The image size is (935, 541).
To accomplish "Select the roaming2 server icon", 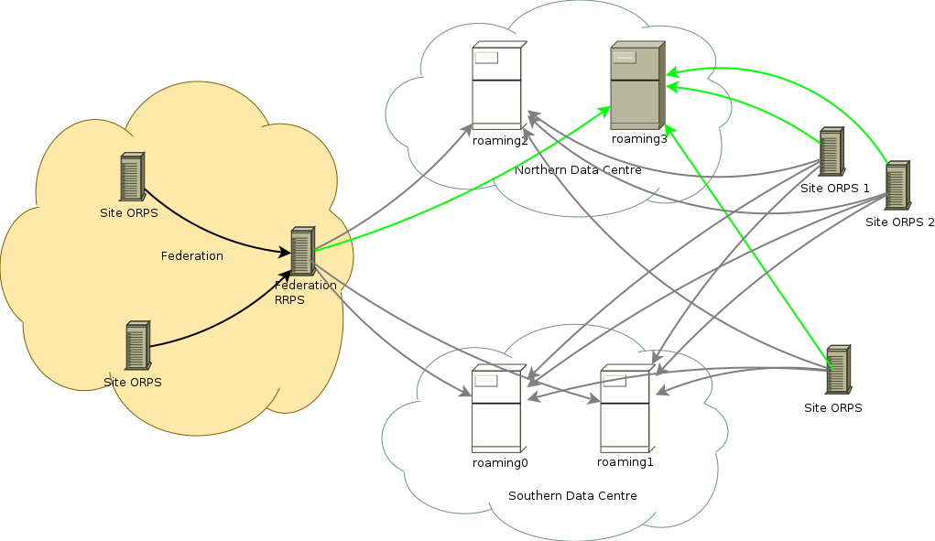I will tap(497, 86).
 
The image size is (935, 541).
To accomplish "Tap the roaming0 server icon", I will tap(496, 409).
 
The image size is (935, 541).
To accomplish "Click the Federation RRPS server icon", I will tap(302, 252).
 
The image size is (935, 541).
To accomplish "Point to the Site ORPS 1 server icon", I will tap(831, 153).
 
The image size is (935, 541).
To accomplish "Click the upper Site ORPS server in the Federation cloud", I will tap(132, 178).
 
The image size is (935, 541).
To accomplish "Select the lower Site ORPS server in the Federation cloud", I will tap(138, 345).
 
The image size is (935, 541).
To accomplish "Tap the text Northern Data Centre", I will tap(578, 170).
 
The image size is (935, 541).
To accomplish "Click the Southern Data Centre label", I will tap(572, 496).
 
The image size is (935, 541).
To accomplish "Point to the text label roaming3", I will tap(639, 139).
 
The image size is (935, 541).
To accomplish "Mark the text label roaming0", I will tap(500, 463).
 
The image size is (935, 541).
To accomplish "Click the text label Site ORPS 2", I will tap(899, 222).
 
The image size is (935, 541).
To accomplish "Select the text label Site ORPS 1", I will tap(834, 189).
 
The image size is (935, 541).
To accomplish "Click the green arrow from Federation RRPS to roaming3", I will tap(458, 180).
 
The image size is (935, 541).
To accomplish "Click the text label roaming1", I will tap(625, 462).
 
